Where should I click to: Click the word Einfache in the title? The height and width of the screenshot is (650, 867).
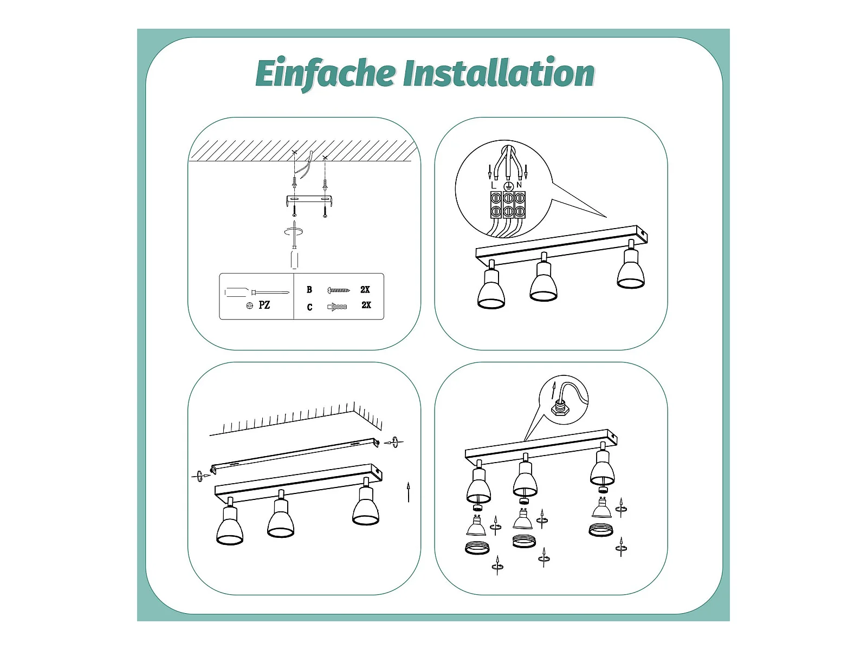tap(325, 74)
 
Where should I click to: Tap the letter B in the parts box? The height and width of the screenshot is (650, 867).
tap(309, 290)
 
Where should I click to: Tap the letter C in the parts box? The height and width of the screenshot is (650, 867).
tap(309, 307)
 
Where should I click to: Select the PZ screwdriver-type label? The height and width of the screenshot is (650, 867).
tap(264, 305)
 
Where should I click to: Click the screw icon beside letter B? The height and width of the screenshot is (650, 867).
tap(339, 290)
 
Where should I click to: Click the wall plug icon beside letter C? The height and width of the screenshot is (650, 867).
tap(337, 307)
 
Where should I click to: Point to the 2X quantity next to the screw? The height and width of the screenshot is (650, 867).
tap(365, 290)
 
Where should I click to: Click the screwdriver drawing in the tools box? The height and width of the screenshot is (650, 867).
tap(257, 292)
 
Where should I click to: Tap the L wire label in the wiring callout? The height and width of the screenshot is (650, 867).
tap(493, 185)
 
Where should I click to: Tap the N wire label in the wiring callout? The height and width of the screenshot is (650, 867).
tap(519, 185)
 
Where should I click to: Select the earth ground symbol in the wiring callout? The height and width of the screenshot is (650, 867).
tap(508, 186)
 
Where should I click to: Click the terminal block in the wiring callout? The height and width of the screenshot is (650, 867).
tap(508, 205)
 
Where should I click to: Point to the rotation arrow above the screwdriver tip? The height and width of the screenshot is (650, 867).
tap(294, 232)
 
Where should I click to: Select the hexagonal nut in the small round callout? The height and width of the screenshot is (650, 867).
tap(560, 409)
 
